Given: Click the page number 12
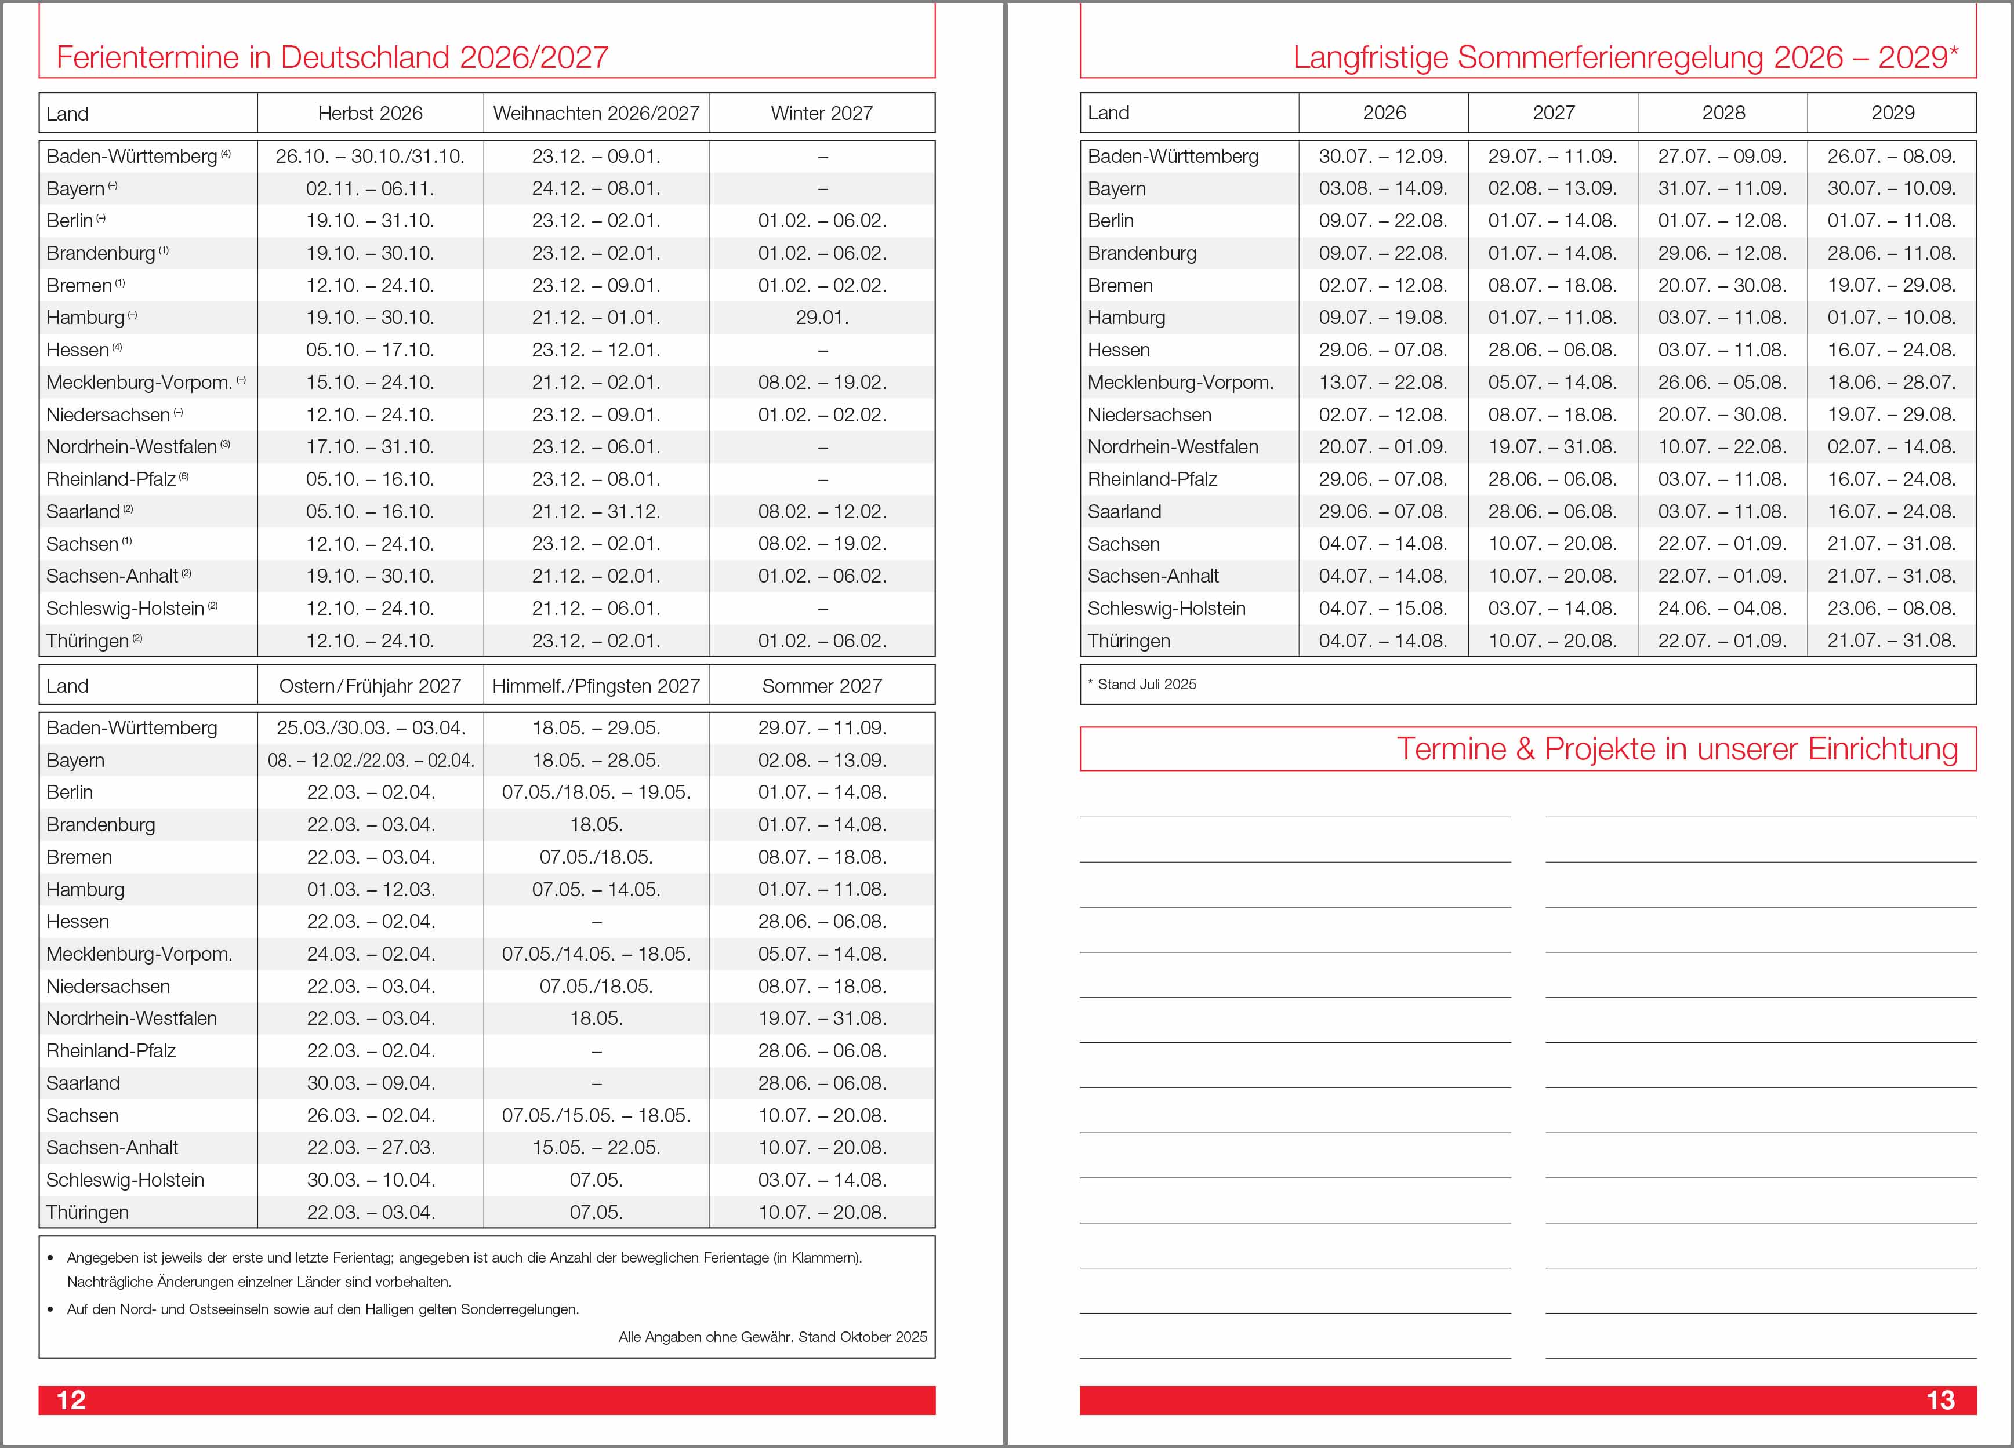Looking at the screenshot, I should point(71,1400).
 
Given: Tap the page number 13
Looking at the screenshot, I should point(1940,1400).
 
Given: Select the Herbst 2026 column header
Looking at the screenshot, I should point(371,114).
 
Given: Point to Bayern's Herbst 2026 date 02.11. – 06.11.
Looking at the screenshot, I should point(371,189).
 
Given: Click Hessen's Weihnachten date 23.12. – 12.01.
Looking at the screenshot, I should point(596,350).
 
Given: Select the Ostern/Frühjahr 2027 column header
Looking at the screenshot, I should point(371,686).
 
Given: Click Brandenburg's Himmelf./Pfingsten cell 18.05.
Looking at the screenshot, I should point(596,825).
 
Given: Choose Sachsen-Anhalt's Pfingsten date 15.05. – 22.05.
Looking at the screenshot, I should point(596,1148).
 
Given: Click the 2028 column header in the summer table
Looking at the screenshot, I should point(1723,113).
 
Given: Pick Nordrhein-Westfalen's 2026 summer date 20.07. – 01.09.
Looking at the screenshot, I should point(1382,446).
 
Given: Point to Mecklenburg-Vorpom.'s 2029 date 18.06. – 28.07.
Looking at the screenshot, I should point(1892,383).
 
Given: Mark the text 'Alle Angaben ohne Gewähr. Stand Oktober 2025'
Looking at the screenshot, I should point(772,1337).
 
